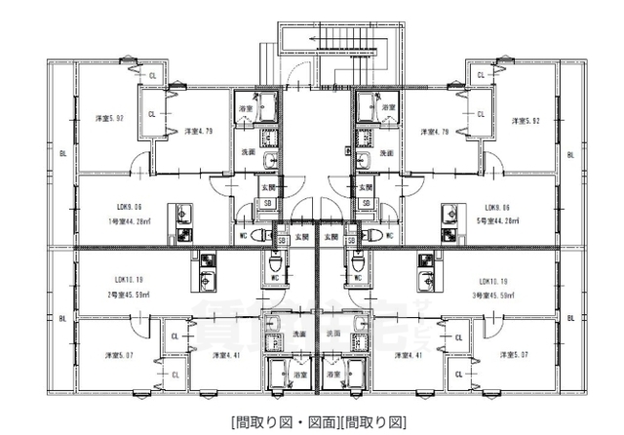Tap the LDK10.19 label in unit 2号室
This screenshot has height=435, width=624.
point(130,280)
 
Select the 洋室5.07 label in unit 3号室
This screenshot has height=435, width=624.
point(514,354)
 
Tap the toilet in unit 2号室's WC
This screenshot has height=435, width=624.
point(276,263)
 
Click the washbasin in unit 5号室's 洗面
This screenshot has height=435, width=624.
point(363,161)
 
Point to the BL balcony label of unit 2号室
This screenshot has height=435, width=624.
point(63,318)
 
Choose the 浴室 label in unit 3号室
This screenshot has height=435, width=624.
point(333,374)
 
